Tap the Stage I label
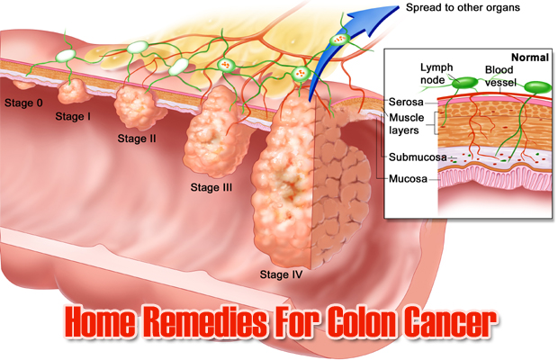pos(74,116)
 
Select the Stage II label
pos(138,139)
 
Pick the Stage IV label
pos(282,273)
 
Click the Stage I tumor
pos(71,91)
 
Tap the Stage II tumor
pos(137,105)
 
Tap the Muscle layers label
pos(407,123)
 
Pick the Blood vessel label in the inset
pos(501,75)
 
